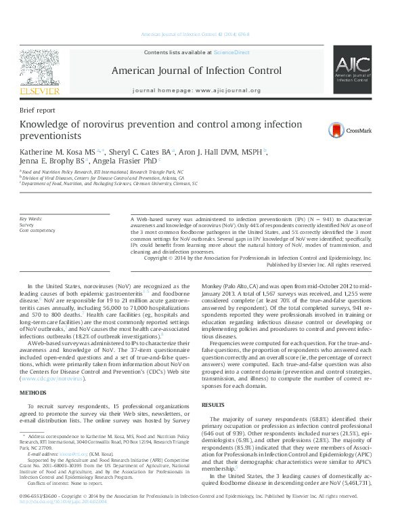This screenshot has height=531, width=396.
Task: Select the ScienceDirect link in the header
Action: tap(232, 52)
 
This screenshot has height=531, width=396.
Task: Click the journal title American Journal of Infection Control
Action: tap(196, 70)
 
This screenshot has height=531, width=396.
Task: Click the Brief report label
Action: tap(37, 109)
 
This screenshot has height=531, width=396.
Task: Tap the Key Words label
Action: tap(31, 219)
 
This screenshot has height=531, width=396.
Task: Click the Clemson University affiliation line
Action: tap(108, 183)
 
